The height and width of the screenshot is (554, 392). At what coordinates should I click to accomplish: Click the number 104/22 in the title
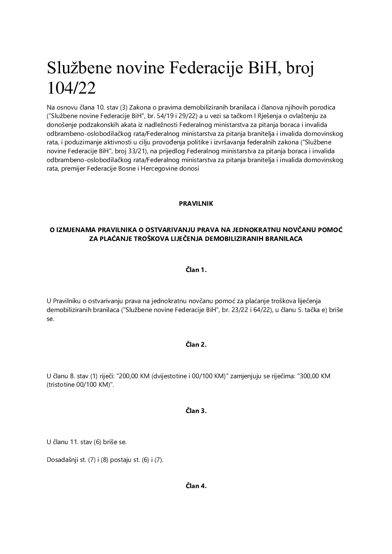[71, 88]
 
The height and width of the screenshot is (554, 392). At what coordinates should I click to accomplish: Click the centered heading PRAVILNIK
[196, 204]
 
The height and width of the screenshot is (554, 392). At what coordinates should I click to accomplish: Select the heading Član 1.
[196, 270]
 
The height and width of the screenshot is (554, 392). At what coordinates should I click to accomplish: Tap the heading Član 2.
[196, 345]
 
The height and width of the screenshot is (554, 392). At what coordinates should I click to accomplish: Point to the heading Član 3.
[196, 411]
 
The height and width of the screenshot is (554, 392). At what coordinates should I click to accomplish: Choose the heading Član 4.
[196, 486]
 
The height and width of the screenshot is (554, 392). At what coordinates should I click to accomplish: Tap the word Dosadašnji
[61, 460]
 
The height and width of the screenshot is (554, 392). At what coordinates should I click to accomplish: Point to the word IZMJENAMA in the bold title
[76, 230]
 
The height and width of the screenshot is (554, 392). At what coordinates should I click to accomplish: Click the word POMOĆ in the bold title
[330, 230]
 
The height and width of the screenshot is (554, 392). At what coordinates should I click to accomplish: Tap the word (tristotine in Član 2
[61, 385]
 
